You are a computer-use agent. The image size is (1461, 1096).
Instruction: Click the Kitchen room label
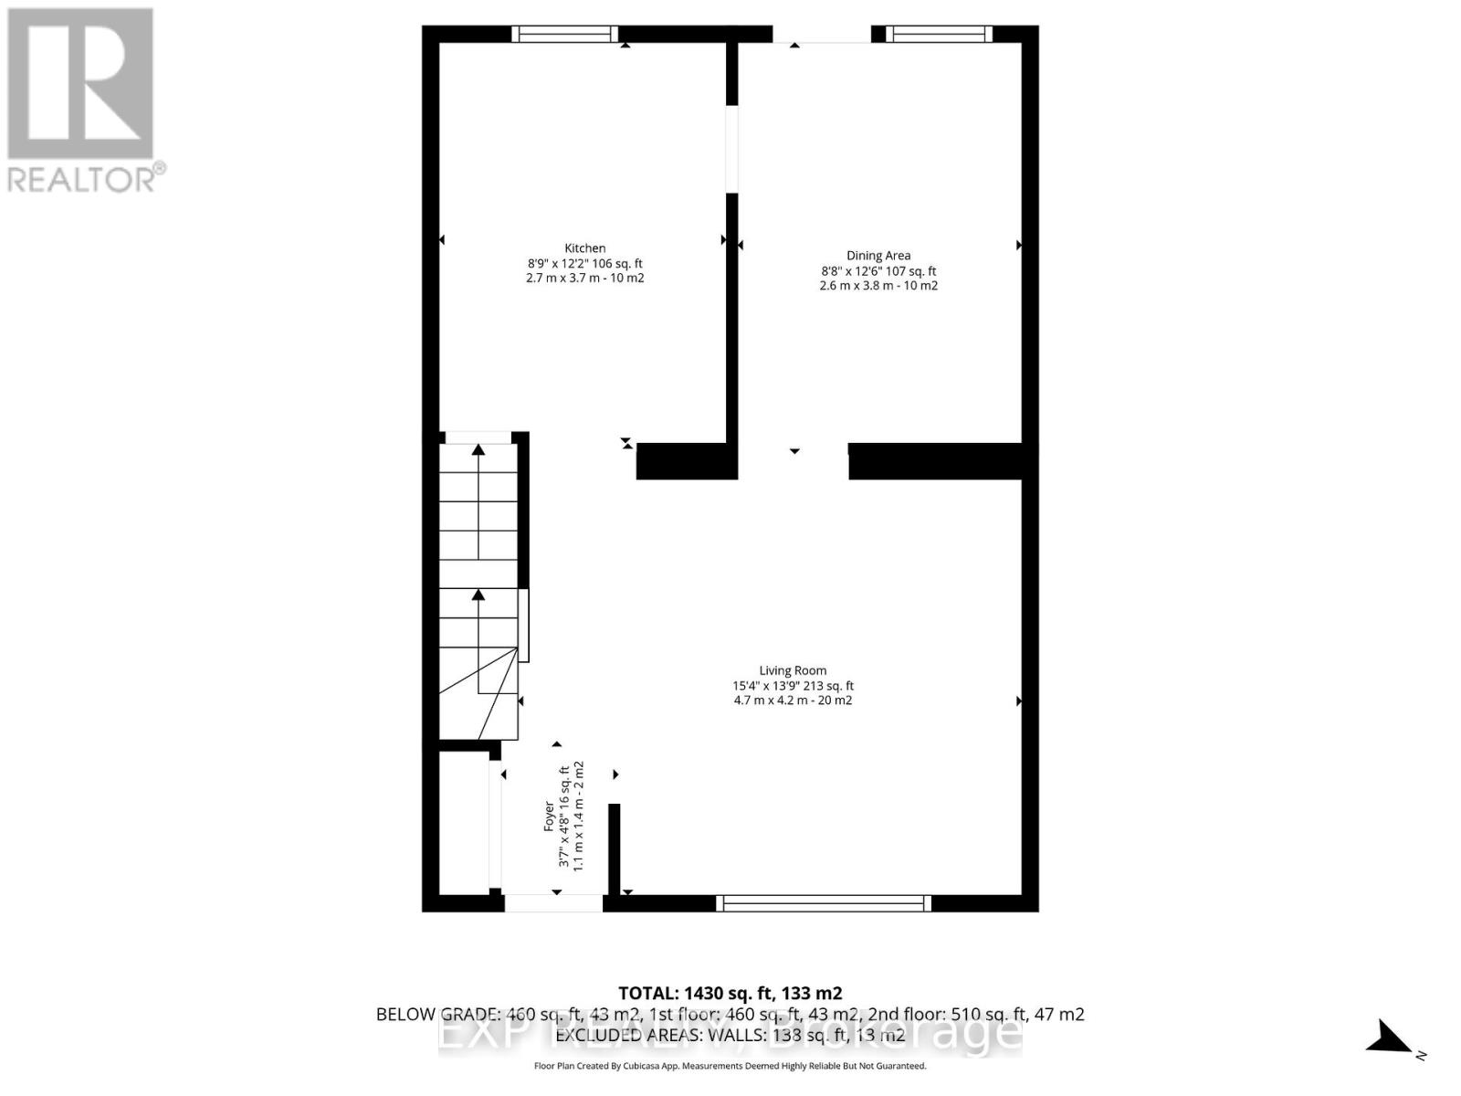tap(584, 248)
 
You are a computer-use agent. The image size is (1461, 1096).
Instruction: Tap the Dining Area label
tap(878, 256)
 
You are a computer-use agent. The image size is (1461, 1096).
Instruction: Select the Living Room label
tap(793, 670)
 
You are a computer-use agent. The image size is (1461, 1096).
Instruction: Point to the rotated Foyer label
tap(549, 816)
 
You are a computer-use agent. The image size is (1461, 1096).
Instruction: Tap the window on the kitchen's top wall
tap(564, 35)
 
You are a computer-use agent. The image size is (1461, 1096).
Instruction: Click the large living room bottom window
tap(824, 903)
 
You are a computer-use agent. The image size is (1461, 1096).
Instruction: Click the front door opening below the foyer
tap(553, 903)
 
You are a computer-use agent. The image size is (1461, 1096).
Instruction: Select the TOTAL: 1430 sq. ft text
tap(730, 993)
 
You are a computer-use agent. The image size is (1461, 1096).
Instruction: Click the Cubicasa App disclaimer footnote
tap(730, 1066)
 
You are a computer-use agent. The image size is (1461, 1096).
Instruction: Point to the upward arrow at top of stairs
tap(478, 449)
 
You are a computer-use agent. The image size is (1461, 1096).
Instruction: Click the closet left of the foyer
tap(464, 822)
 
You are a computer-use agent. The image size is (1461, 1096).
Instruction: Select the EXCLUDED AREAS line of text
tap(730, 1035)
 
